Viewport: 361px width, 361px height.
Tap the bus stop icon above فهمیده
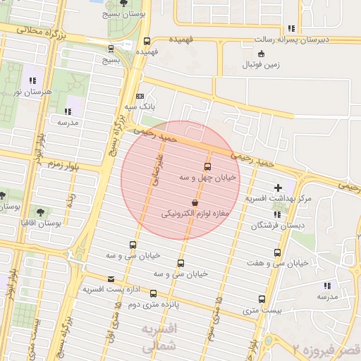(x=147, y=41)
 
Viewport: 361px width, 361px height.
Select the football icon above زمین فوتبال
(x=262, y=54)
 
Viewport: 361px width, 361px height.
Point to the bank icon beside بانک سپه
(x=140, y=96)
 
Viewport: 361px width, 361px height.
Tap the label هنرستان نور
(x=23, y=91)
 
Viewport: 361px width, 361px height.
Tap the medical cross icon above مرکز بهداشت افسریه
(x=278, y=188)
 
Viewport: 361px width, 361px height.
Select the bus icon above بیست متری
(x=262, y=299)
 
